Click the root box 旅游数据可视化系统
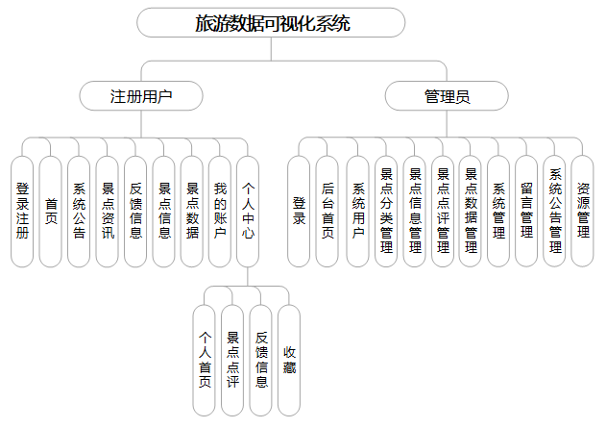(271, 23)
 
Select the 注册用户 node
(142, 96)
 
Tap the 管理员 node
(448, 96)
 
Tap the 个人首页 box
(205, 361)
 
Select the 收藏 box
(289, 361)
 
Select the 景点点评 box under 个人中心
(232, 361)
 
